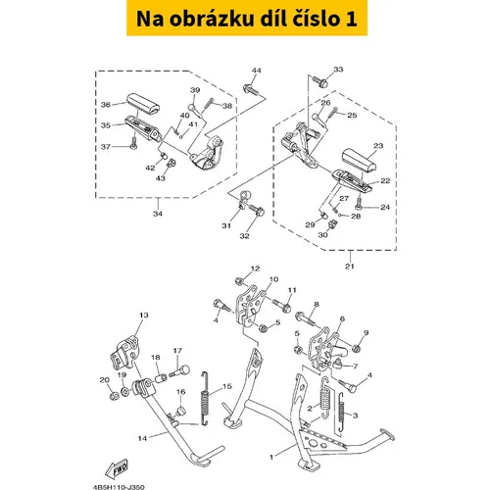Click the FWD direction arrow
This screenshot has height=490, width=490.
(x=117, y=469)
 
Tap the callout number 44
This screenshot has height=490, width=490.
(x=257, y=71)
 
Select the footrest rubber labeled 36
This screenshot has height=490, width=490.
(x=143, y=105)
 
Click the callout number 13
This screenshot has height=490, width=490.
(x=144, y=316)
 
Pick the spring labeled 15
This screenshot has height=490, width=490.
(x=205, y=399)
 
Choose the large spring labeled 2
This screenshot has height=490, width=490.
(x=325, y=398)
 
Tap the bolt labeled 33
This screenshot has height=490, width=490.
(x=320, y=81)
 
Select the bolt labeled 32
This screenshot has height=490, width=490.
(x=257, y=210)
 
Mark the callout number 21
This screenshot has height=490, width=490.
(x=350, y=267)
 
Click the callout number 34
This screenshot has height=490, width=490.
(x=158, y=214)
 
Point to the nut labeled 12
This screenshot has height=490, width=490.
(x=239, y=280)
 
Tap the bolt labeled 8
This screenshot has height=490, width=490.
(x=305, y=318)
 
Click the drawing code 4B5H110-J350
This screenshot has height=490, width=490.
(x=119, y=487)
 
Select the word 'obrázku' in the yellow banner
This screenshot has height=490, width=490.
(x=212, y=19)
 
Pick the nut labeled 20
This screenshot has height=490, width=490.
(x=115, y=396)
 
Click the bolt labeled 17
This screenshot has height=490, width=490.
(x=179, y=372)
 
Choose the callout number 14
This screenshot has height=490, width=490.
(x=142, y=438)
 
